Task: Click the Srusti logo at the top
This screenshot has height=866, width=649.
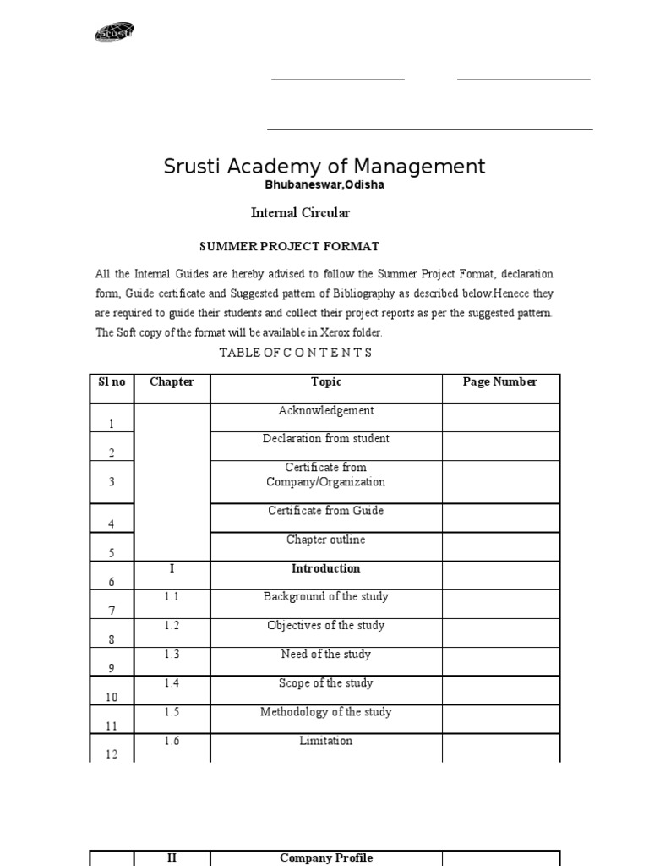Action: tap(114, 33)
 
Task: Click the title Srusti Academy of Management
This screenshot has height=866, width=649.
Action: tap(324, 166)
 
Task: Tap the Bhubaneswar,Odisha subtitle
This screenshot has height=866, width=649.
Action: tap(325, 185)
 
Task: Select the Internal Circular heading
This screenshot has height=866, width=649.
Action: tap(300, 213)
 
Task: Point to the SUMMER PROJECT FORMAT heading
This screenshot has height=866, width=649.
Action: tap(289, 246)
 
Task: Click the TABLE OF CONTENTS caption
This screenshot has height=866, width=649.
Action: tap(296, 353)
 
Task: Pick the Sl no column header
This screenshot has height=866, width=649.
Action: tap(111, 381)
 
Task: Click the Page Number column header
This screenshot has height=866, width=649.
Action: tap(500, 381)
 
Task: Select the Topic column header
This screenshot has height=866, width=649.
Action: tap(326, 381)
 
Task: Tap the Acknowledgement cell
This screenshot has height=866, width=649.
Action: tap(326, 411)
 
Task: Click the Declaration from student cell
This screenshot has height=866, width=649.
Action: tap(326, 439)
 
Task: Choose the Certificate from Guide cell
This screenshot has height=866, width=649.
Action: tap(326, 511)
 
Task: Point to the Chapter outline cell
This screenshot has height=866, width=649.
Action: tap(326, 540)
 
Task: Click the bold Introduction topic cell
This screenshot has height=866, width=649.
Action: tap(326, 568)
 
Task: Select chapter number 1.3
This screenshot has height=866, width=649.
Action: tap(172, 655)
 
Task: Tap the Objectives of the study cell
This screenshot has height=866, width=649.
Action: tap(326, 626)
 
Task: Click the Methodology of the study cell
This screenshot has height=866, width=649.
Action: tap(326, 712)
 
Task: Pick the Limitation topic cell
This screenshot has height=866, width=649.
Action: tap(326, 741)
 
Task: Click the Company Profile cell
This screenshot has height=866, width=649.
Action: tap(326, 858)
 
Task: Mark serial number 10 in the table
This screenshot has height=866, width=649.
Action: tap(111, 697)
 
